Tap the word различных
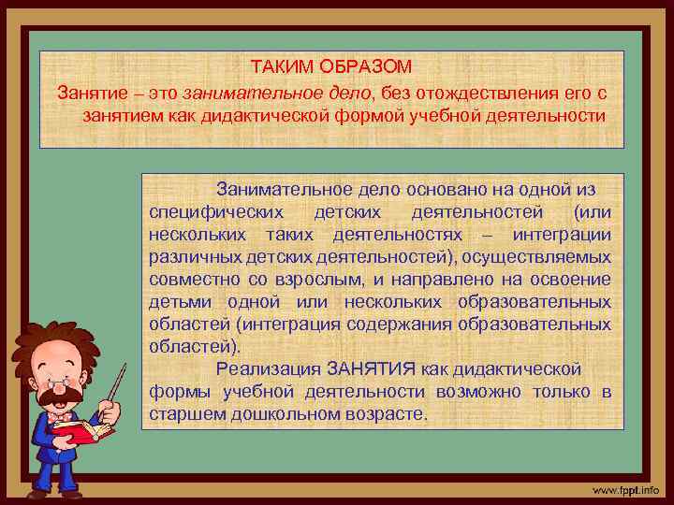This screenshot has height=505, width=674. tap(190, 256)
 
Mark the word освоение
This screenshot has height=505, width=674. tap(570, 279)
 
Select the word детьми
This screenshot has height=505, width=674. tap(177, 301)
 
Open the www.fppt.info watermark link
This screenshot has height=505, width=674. tap(624, 489)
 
